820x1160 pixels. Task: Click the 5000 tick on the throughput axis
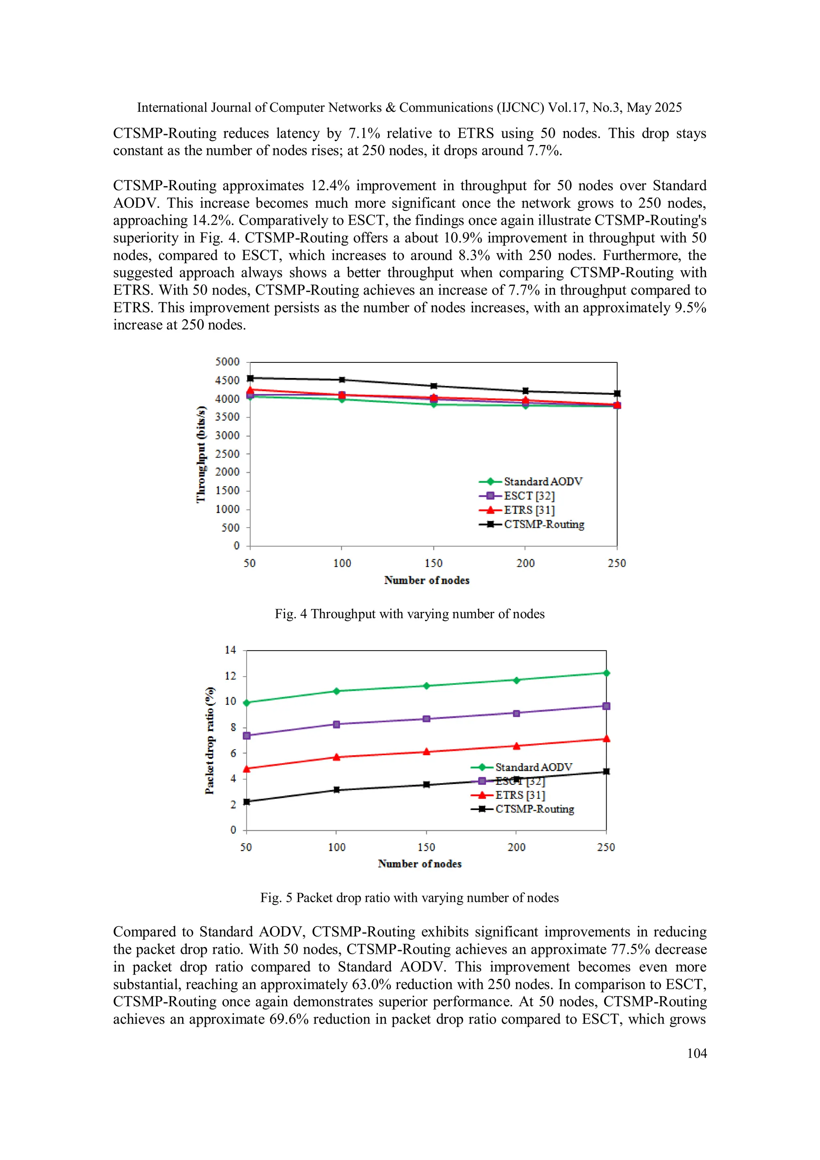tap(227, 362)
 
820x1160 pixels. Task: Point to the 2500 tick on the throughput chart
tap(227, 454)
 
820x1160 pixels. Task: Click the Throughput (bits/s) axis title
tap(201, 454)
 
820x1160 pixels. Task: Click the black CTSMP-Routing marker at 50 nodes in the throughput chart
tap(250, 378)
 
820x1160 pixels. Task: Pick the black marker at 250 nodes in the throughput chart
tap(617, 394)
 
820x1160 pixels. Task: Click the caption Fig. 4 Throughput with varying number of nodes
tap(409, 614)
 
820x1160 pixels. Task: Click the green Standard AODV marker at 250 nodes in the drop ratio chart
tap(606, 673)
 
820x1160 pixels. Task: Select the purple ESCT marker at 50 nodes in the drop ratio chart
tap(247, 736)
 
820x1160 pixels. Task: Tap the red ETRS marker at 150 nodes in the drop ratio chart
tap(426, 752)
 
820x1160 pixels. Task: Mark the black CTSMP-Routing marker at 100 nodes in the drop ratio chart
tap(336, 790)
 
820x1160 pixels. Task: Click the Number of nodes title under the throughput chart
tap(426, 580)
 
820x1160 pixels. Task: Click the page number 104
tap(697, 1053)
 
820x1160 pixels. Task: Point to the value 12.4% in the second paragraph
tap(330, 186)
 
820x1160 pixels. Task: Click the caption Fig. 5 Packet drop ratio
tap(409, 898)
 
